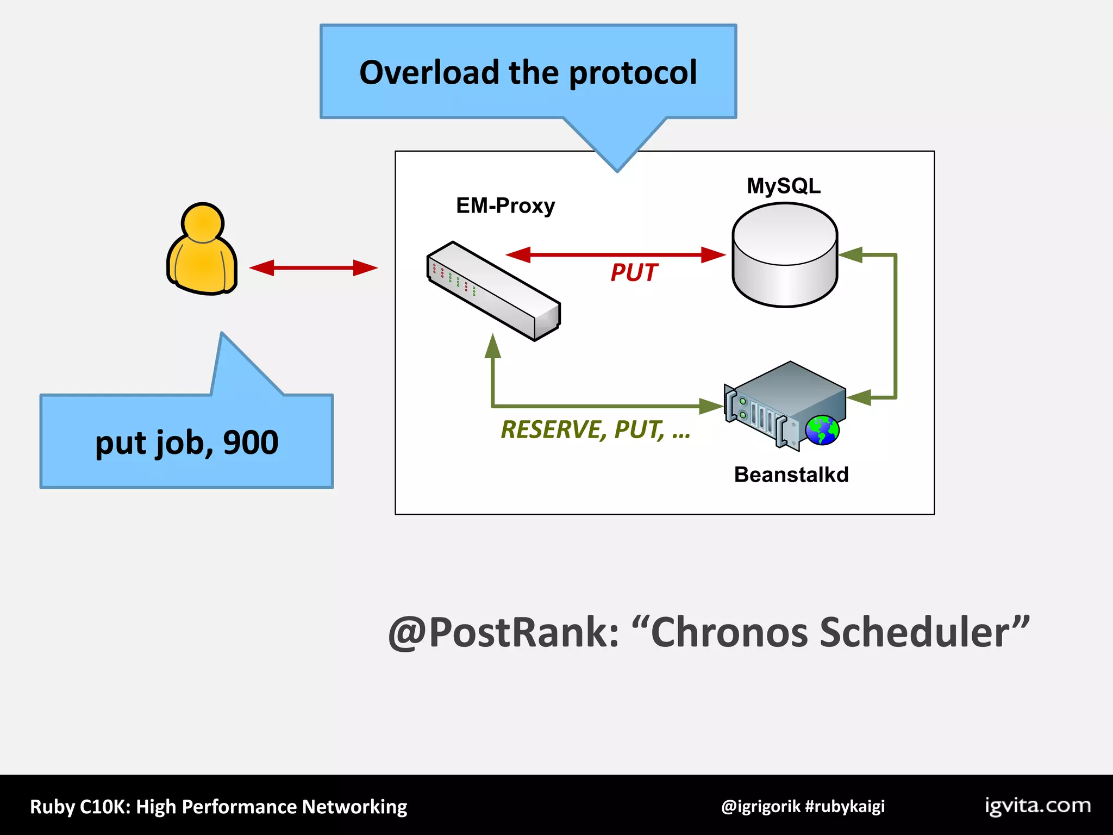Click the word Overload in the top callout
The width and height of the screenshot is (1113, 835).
[429, 72]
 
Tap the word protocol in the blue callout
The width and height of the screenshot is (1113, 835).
[633, 73]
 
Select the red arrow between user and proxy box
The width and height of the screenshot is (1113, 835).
[313, 267]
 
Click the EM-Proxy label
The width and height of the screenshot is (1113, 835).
[505, 205]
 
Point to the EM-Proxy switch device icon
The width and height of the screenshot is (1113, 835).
[493, 291]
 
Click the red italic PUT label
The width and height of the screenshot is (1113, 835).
[634, 272]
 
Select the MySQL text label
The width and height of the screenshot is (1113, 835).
[783, 186]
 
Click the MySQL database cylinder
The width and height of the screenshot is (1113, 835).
[784, 256]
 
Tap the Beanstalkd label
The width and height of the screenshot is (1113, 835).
[791, 475]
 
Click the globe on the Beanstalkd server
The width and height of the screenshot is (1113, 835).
[822, 431]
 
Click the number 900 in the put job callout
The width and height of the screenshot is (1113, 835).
[251, 443]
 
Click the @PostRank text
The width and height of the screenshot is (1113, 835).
[503, 632]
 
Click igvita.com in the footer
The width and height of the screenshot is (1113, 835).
[1037, 805]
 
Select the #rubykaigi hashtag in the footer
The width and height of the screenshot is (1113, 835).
[845, 806]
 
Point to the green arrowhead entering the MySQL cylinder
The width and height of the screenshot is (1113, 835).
[851, 254]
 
